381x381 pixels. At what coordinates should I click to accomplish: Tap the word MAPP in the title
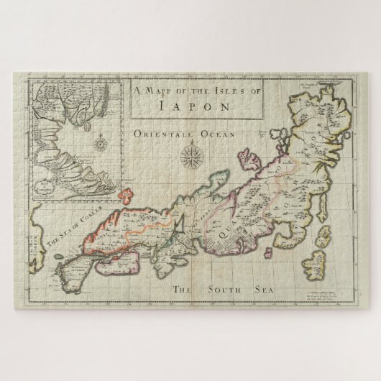[159, 91]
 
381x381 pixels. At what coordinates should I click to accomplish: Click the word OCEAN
[220, 134]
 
